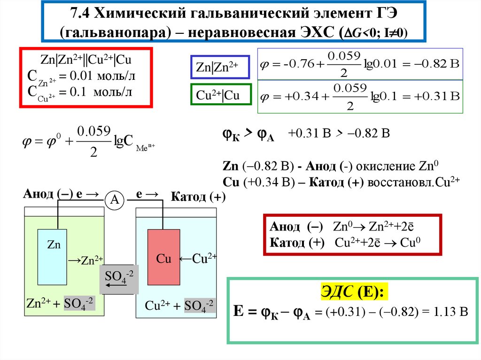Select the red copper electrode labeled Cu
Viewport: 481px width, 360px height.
tap(163, 257)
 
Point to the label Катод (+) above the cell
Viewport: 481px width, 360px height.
tap(198, 197)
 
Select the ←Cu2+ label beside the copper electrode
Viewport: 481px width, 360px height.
tap(197, 258)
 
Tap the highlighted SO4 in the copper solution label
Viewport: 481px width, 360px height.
tap(200, 306)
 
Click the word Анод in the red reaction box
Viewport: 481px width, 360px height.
tap(285, 227)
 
